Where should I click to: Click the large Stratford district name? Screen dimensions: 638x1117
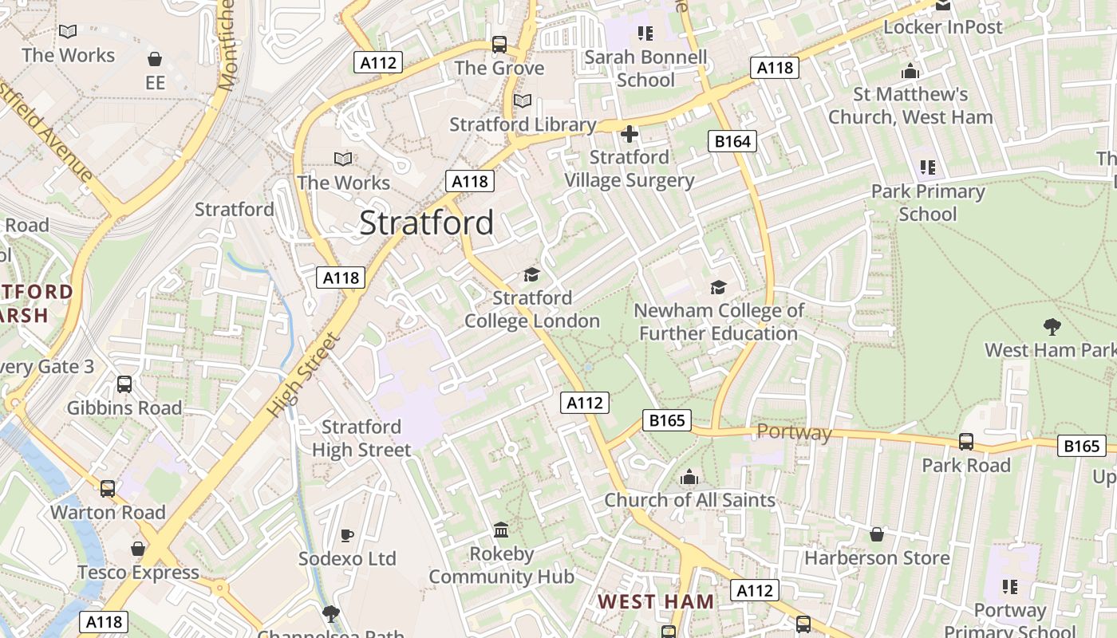pyautogui.click(x=426, y=223)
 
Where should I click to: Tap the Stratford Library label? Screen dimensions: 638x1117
pyautogui.click(x=523, y=124)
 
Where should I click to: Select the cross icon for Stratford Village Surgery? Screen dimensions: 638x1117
pyautogui.click(x=630, y=134)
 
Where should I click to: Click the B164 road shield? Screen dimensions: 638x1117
pyautogui.click(x=732, y=142)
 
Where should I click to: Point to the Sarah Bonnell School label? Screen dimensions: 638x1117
pyautogui.click(x=645, y=69)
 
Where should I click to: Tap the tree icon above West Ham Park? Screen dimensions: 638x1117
pyautogui.click(x=1052, y=326)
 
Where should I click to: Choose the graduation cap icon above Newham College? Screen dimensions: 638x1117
pyautogui.click(x=718, y=287)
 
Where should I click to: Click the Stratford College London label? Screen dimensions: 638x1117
pyautogui.click(x=532, y=309)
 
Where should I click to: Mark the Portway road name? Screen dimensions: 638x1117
pyautogui.click(x=794, y=433)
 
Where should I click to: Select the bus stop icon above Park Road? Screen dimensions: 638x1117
pyautogui.click(x=965, y=441)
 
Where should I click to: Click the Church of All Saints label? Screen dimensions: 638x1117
pyautogui.click(x=689, y=500)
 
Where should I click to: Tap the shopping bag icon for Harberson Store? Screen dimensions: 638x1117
pyautogui.click(x=877, y=534)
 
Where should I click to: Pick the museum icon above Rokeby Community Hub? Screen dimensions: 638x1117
pyautogui.click(x=501, y=530)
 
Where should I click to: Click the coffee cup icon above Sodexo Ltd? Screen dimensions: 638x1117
pyautogui.click(x=346, y=534)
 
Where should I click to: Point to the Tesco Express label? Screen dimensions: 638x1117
pyautogui.click(x=138, y=573)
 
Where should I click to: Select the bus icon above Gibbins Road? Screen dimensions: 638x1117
pyautogui.click(x=124, y=384)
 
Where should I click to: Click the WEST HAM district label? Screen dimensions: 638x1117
pyautogui.click(x=656, y=601)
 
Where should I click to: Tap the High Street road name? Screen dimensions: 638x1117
pyautogui.click(x=304, y=375)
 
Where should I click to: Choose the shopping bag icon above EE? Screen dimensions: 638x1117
pyautogui.click(x=155, y=60)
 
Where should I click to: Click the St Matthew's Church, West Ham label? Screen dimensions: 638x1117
pyautogui.click(x=910, y=105)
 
